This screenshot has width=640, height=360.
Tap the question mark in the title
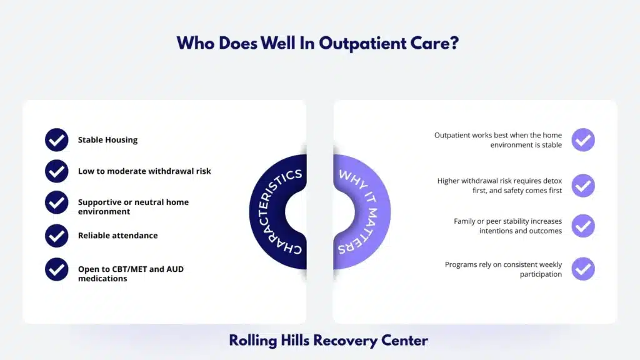click(x=457, y=43)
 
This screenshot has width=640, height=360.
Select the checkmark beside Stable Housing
click(x=57, y=140)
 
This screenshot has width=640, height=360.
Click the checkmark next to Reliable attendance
click(x=57, y=236)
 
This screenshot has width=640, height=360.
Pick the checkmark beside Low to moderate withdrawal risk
click(x=57, y=171)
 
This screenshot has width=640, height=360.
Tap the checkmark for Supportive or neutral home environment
click(x=57, y=202)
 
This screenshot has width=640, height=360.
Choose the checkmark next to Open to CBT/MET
click(x=57, y=269)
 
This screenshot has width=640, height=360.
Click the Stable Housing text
click(x=107, y=140)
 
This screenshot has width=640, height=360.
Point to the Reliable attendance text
click(x=117, y=236)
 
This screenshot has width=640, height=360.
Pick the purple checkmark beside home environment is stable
click(x=583, y=140)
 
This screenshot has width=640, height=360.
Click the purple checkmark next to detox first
click(x=583, y=186)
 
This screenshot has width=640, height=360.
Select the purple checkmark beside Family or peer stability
click(x=583, y=226)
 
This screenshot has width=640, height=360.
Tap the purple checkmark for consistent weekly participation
click(x=583, y=269)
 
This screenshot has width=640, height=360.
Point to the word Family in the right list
click(x=465, y=221)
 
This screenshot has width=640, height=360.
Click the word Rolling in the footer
click(x=251, y=341)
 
